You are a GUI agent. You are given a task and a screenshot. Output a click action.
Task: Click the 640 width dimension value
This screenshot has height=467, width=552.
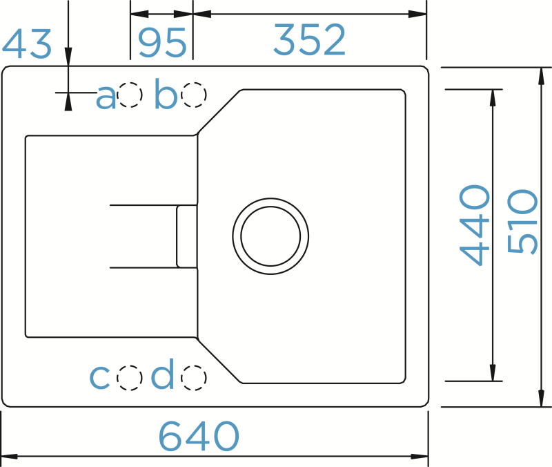click(x=199, y=436)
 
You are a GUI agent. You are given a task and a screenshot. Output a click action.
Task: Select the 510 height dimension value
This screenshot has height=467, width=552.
click(x=522, y=222)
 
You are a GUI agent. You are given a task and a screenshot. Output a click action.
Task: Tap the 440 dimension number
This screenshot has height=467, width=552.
click(x=475, y=225)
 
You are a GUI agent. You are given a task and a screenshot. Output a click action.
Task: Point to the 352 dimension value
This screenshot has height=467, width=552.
click(x=309, y=41)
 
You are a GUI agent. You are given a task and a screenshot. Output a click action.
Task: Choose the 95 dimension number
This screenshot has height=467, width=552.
click(x=162, y=43)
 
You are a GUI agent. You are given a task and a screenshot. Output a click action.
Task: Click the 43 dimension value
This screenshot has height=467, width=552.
click(x=27, y=44)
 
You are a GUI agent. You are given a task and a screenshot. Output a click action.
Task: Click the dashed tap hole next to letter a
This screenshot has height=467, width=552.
click(x=130, y=96)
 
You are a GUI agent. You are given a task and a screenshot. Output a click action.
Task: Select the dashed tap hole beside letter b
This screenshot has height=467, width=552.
click(x=194, y=95)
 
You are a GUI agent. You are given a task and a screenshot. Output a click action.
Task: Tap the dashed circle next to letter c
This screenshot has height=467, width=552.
click(x=128, y=377)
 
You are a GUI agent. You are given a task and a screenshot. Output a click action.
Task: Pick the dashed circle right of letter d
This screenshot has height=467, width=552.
click(x=194, y=377)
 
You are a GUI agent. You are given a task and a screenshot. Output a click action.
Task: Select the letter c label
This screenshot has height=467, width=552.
click(x=100, y=377)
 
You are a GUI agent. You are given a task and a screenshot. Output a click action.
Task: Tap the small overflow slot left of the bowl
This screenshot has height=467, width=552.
click(x=186, y=236)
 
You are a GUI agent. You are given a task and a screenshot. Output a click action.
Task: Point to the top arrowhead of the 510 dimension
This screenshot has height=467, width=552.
click(x=540, y=75)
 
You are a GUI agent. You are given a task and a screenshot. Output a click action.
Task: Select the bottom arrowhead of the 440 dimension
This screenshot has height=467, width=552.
click(x=493, y=373)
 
